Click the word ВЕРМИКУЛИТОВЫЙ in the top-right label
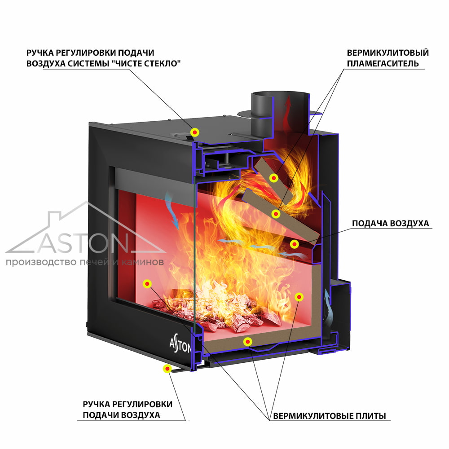tap(388, 53)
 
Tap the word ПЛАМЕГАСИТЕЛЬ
tap(383, 63)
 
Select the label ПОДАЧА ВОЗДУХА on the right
tap(391, 223)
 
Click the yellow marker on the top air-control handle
tap(195, 132)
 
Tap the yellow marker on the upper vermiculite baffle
tap(274, 178)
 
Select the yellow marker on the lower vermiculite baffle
tap(276, 214)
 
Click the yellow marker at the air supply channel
tap(295, 244)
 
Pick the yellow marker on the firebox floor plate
tap(247, 341)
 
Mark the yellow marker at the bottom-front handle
tap(167, 369)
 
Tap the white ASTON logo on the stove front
tap(180, 345)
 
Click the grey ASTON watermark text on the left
tap(83, 243)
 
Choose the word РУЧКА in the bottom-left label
tap(97, 405)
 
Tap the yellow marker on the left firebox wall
tap(147, 284)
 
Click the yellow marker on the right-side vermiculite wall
tap(299, 297)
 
